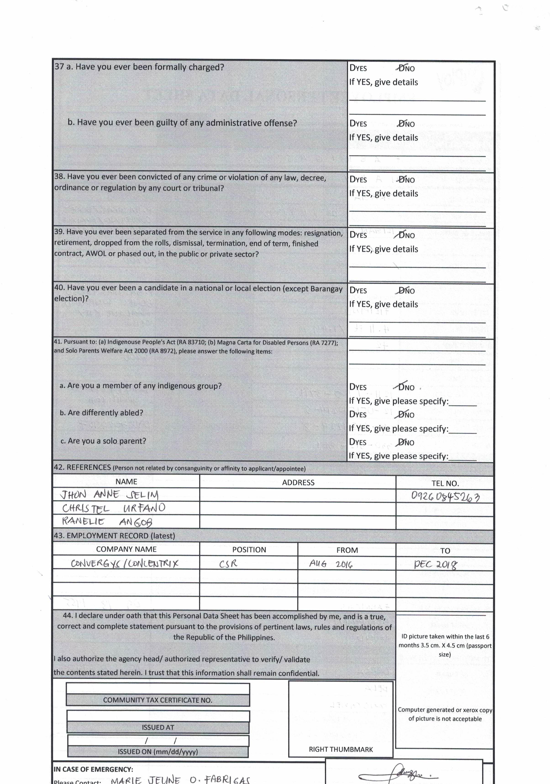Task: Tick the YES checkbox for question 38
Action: (x=352, y=180)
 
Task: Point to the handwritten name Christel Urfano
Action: (x=113, y=508)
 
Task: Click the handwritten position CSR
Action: (x=228, y=564)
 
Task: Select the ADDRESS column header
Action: (x=298, y=482)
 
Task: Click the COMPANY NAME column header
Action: (x=126, y=550)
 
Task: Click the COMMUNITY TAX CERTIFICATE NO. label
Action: (x=158, y=700)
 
